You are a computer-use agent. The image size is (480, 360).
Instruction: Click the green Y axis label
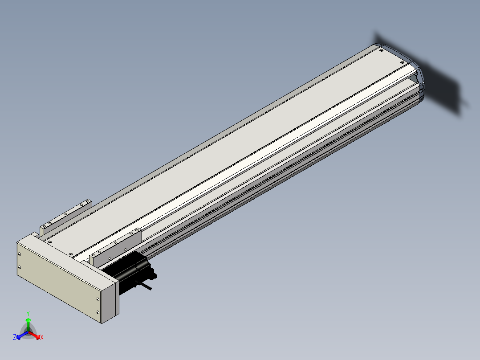(x=28, y=313)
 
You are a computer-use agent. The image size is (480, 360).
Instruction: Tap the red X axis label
(x=42, y=337)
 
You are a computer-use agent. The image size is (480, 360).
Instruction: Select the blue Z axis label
(x=15, y=337)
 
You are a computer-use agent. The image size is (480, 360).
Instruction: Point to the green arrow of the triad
(x=28, y=324)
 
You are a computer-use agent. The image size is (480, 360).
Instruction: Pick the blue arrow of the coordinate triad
(x=22, y=335)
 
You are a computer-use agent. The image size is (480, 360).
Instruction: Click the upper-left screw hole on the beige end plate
(x=20, y=254)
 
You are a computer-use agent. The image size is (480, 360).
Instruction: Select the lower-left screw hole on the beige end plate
(x=20, y=267)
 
